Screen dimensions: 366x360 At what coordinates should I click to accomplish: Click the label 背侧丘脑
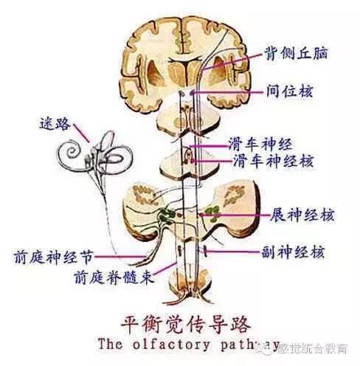tap(297, 54)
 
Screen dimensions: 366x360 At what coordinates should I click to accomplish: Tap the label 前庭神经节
tap(53, 258)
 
